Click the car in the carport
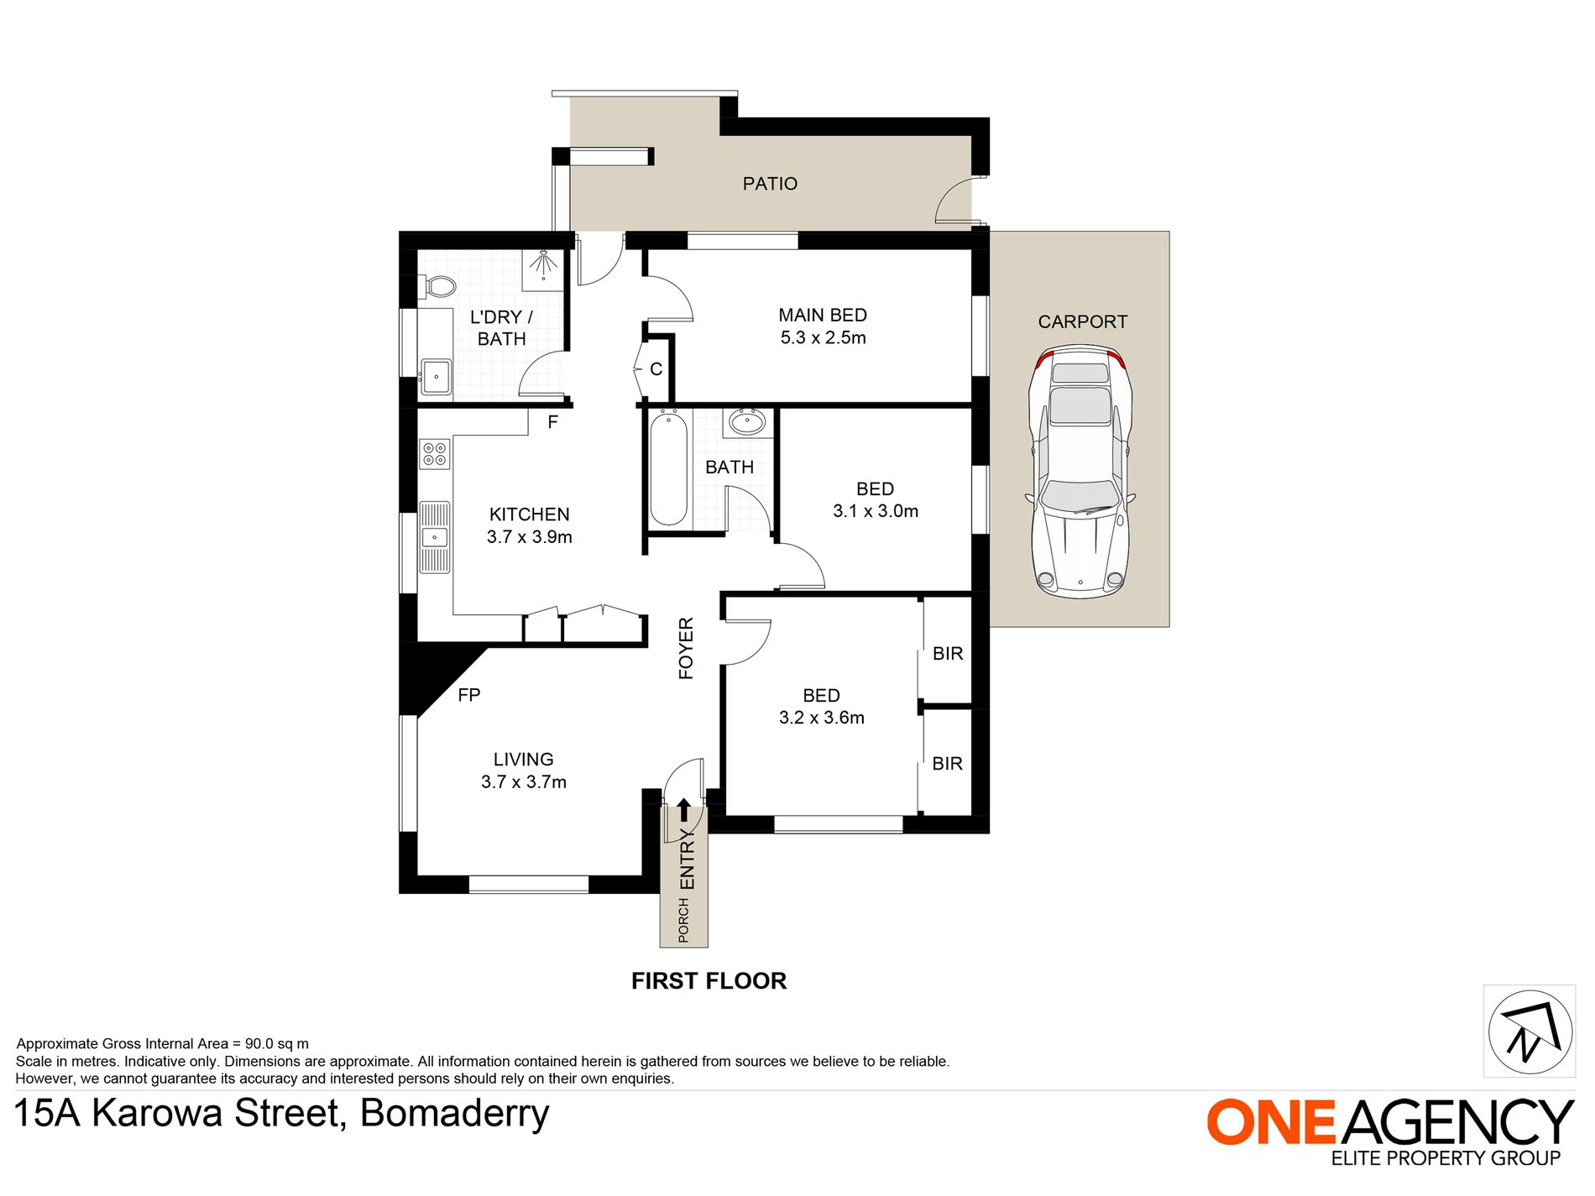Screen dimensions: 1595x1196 pos(1080,471)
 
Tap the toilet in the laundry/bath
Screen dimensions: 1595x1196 pos(437,287)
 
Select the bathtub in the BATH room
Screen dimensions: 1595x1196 pos(669,467)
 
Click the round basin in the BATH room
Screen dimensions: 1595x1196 pos(746,421)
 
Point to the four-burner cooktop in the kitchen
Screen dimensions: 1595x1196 pos(435,454)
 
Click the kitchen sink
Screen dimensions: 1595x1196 pos(435,537)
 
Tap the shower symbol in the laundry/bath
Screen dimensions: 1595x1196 pos(544,264)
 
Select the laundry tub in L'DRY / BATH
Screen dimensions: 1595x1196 pos(436,377)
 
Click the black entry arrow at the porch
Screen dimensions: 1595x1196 pos(684,810)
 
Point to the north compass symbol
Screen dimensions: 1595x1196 pos(1530,1031)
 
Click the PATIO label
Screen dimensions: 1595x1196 pos(770,184)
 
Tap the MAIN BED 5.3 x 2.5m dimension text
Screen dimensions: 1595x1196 pos(824,338)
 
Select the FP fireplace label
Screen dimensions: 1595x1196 pos(469,695)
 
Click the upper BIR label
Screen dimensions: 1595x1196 pos(948,654)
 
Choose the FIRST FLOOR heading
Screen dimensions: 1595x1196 pos(709,981)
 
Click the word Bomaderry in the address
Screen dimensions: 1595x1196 pos(455,1114)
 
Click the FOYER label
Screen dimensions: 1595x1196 pos(687,648)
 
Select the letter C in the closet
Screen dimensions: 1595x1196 pos(656,369)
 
